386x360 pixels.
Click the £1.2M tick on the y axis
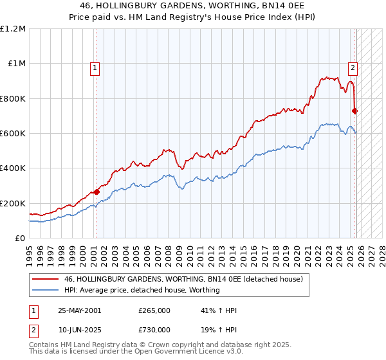pyautogui.click(x=13, y=29)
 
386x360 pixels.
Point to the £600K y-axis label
pyautogui.click(x=13, y=134)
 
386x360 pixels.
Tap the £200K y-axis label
pyautogui.click(x=13, y=203)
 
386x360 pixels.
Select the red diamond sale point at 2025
pyautogui.click(x=355, y=111)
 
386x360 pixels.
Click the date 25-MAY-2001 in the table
pyautogui.click(x=79, y=311)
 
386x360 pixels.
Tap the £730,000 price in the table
pyautogui.click(x=154, y=329)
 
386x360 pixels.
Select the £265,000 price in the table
pyautogui.click(x=154, y=311)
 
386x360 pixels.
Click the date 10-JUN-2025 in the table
pyautogui.click(x=79, y=329)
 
